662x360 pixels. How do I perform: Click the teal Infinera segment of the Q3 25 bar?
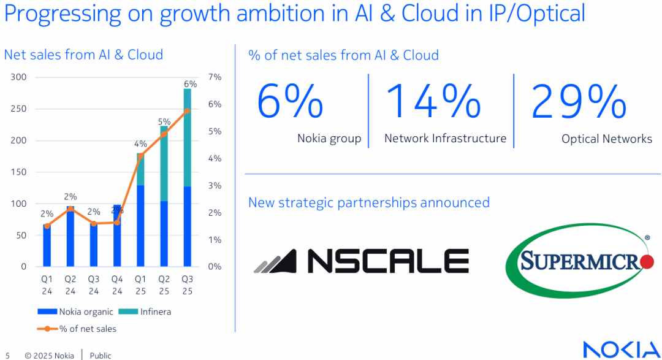pyautogui.click(x=187, y=137)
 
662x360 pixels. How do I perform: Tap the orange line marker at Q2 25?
pyautogui.click(x=164, y=134)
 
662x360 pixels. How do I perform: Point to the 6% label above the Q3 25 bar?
pyautogui.click(x=190, y=84)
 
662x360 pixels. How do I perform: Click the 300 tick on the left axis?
pyautogui.click(x=18, y=77)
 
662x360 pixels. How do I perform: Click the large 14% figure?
pyautogui.click(x=433, y=101)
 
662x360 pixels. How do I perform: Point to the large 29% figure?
pyautogui.click(x=579, y=101)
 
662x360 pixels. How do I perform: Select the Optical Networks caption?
pyautogui.click(x=607, y=139)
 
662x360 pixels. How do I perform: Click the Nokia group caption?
pyautogui.click(x=329, y=139)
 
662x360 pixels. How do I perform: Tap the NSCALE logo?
pyautogui.click(x=362, y=261)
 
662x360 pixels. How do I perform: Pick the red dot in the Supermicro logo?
pyautogui.click(x=646, y=262)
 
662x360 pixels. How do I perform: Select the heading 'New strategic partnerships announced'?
pyautogui.click(x=368, y=202)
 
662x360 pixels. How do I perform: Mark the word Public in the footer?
pyautogui.click(x=101, y=356)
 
